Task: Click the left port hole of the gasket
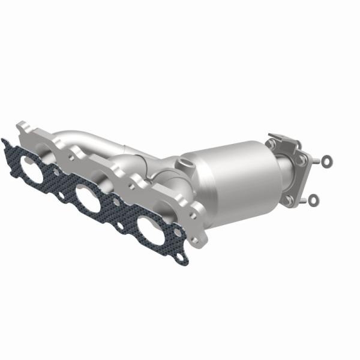pyautogui.click(x=33, y=170)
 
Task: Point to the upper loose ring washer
pyautogui.click(x=326, y=160)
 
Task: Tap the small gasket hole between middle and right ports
pyautogui.click(x=120, y=225)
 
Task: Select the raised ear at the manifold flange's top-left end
pyautogui.click(x=23, y=127)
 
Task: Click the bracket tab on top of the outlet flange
pyautogui.click(x=282, y=139)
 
